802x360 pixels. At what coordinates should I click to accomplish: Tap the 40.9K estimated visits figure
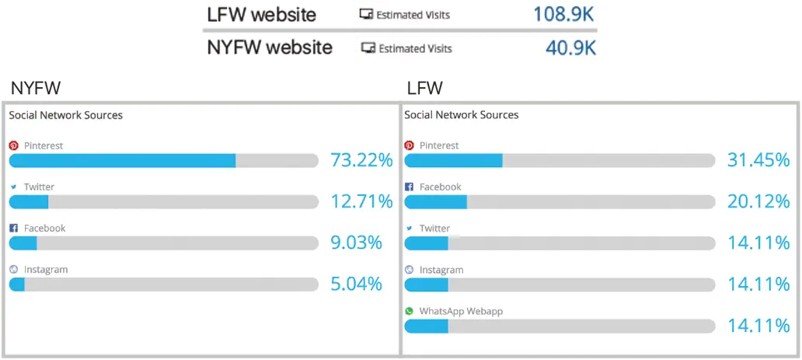coord(570,48)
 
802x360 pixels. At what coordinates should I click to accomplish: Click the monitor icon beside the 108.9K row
coord(366,14)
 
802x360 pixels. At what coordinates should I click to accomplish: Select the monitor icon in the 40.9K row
coord(369,48)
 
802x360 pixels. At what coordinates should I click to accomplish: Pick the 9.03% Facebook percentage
coord(356,243)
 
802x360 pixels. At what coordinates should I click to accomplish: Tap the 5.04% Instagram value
coord(356,284)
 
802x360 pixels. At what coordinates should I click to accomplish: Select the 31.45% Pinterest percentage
coord(758,160)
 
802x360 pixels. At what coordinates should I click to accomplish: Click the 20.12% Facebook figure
coord(758,201)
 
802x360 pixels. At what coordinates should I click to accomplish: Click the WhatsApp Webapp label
coord(461,311)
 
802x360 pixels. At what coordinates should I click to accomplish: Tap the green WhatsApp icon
coord(410,311)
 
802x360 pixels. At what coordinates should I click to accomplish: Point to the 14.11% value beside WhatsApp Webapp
coord(758,326)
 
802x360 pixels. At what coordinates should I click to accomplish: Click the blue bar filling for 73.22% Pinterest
coord(122,160)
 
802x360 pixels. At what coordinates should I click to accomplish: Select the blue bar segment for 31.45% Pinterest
coord(453,160)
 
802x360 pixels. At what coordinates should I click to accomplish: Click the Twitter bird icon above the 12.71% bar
coord(13,187)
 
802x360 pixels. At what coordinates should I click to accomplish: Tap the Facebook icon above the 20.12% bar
coord(410,187)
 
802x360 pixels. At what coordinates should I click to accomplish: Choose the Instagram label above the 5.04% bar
coord(46,270)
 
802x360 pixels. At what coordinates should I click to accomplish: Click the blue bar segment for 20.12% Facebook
coord(435,201)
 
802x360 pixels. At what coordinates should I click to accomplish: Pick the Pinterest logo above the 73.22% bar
coord(13,145)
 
